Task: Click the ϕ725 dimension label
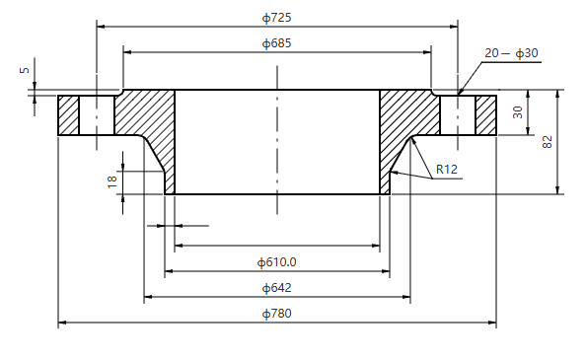(277, 18)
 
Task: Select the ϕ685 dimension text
(277, 43)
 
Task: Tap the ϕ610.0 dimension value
(277, 262)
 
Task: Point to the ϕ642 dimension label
(277, 288)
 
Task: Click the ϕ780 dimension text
(277, 314)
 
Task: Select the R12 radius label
(448, 170)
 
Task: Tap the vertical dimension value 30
(518, 113)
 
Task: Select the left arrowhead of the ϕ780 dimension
(62, 322)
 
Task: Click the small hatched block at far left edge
(68, 114)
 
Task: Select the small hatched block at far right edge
(486, 114)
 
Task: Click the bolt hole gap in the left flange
(97, 114)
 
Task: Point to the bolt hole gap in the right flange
(458, 114)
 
